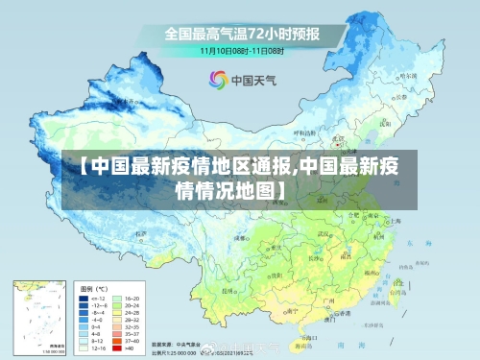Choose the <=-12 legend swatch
91,299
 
